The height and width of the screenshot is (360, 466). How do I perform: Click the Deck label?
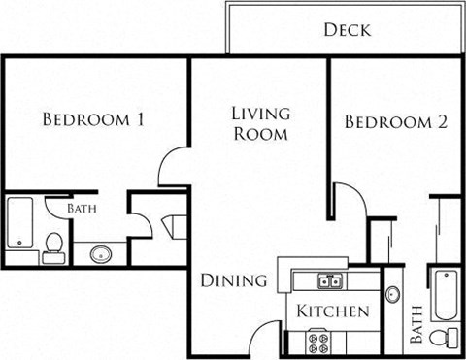tap(347, 29)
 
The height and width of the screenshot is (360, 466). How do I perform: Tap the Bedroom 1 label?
tap(94, 120)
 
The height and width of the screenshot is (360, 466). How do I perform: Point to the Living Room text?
tap(259, 123)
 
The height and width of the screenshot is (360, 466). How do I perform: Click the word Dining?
tap(233, 281)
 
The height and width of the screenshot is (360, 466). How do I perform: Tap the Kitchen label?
tap(333, 311)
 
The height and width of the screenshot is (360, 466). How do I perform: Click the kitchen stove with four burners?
tap(318, 341)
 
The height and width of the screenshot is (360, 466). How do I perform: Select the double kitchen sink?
tap(328, 282)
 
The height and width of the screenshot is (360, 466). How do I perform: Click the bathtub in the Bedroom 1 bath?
tap(18, 223)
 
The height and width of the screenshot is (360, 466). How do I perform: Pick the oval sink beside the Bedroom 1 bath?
tap(101, 254)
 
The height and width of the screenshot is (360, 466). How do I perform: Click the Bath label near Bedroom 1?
tap(82, 209)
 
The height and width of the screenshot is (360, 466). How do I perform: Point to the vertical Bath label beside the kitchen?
tap(416, 325)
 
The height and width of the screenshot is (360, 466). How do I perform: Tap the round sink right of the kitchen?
tap(393, 294)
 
